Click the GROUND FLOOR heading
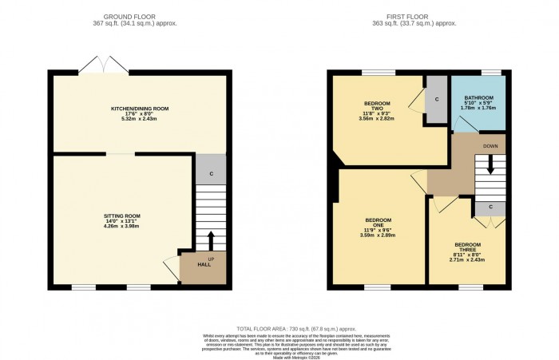click(141, 15)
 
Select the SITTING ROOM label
click(122, 216)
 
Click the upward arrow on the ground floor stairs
click(211, 240)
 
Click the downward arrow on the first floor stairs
click(490, 166)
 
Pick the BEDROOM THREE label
click(468, 245)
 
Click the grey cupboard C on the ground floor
click(211, 173)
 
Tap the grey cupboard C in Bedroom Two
click(437, 99)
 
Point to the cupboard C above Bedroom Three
click(490, 207)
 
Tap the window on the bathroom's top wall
click(490, 73)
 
